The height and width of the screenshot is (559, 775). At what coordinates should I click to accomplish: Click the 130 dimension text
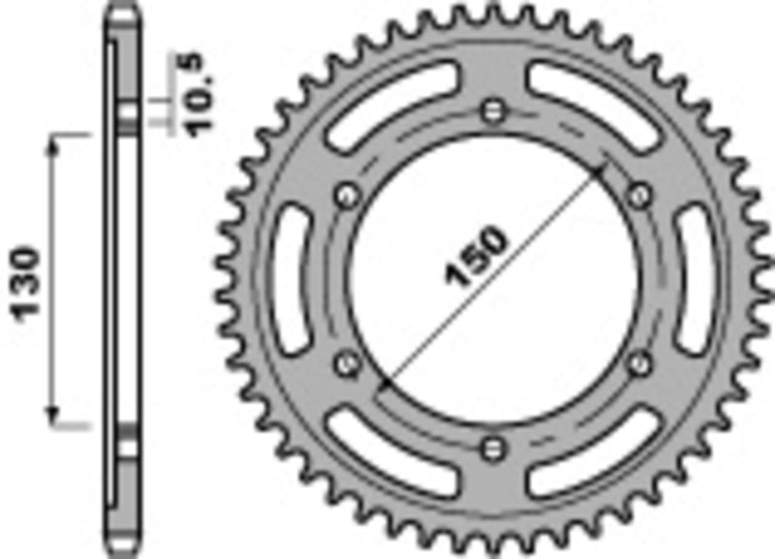[x=27, y=282]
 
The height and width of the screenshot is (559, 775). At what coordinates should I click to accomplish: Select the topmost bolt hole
[x=494, y=109]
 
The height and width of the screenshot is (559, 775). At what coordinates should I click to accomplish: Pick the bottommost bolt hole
[x=494, y=447]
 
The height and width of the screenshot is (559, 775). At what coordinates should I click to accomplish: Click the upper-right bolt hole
[x=638, y=196]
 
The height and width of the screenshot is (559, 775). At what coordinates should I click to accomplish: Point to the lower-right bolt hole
[x=637, y=362]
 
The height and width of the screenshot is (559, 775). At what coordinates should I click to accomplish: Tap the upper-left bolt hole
[x=344, y=197]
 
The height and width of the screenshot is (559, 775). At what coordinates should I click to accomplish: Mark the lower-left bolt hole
[x=344, y=362]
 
